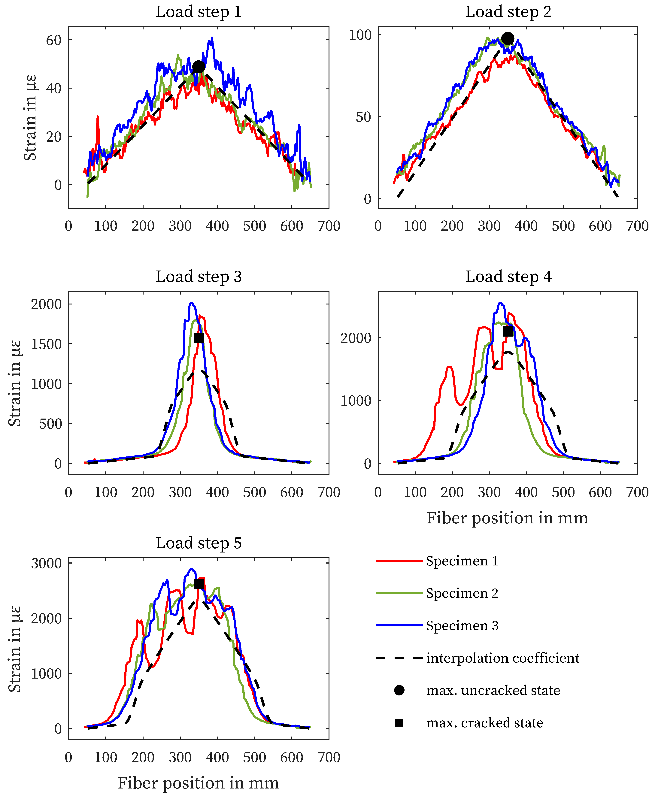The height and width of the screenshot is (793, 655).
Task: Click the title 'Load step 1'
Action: coord(199,12)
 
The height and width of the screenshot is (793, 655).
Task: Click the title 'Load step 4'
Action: coord(508,277)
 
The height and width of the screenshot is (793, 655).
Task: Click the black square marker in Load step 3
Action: coord(199,338)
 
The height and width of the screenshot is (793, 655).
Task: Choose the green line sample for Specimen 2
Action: coord(399,593)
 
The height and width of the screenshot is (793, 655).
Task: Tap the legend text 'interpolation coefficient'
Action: coord(503,658)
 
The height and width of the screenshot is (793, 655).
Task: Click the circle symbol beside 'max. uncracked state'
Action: coord(399,690)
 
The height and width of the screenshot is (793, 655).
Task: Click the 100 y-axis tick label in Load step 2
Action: coord(360,35)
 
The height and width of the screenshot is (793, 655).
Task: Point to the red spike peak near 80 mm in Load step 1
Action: coord(98,117)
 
